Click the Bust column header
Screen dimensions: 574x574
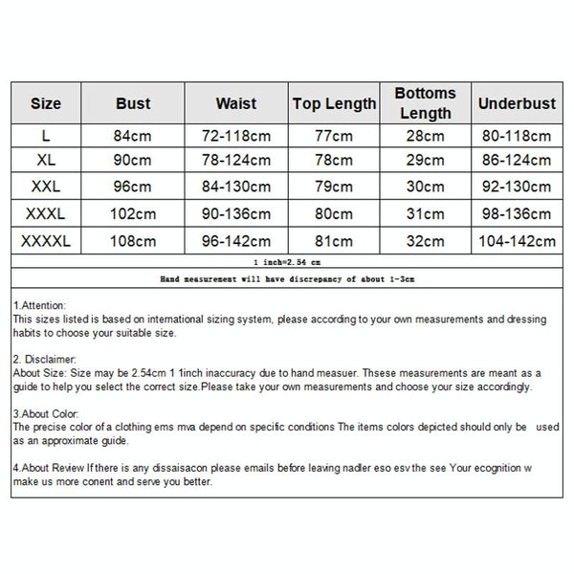(x=133, y=102)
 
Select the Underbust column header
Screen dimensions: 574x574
(x=516, y=102)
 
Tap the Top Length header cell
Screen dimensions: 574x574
(x=334, y=102)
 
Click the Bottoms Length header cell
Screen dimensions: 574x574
(x=425, y=102)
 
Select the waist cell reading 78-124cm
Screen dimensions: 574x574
(x=235, y=159)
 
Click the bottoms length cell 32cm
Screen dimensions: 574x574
(x=425, y=242)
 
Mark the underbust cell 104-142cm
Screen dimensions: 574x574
(x=516, y=242)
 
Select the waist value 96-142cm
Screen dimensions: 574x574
(x=235, y=242)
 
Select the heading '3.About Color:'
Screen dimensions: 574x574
(x=44, y=411)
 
